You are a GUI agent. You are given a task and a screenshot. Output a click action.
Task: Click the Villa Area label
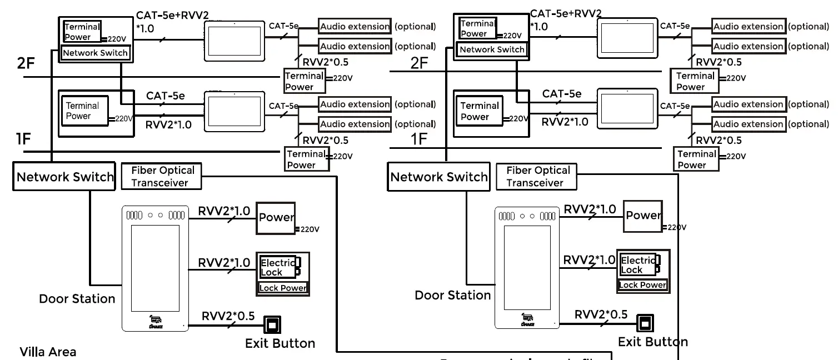coord(48,352)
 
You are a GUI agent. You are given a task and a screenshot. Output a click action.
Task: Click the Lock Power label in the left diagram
coord(283,288)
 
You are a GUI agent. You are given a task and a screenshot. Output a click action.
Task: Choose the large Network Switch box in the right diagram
coord(439,177)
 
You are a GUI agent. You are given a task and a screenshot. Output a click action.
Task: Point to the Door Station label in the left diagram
coord(77,299)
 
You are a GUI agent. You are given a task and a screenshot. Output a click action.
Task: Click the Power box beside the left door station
coord(276,218)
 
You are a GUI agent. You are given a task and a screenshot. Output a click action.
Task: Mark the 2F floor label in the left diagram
coord(26,63)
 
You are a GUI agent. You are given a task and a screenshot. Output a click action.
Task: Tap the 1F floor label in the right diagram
coord(419,139)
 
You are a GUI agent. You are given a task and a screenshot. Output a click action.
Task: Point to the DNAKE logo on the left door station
coord(156,321)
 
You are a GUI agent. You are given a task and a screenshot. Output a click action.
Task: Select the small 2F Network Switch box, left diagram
coord(96,53)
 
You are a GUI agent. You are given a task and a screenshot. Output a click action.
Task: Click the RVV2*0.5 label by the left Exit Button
coord(228,316)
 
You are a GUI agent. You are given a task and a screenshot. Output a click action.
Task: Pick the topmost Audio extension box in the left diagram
coord(355,26)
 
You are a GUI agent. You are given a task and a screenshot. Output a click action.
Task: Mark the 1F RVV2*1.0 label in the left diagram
coord(168,124)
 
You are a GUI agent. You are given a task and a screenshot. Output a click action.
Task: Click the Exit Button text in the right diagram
coord(653,342)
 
